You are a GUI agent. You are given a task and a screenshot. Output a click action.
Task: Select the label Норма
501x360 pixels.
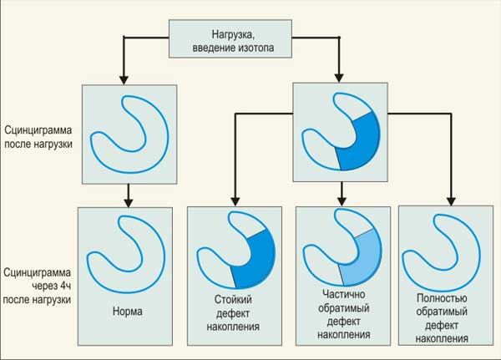126,312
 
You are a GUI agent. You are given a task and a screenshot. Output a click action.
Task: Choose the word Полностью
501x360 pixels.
438,298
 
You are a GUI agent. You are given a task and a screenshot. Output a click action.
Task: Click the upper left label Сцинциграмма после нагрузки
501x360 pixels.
38,137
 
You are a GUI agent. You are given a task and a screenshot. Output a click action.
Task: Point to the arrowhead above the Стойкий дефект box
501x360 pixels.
234,202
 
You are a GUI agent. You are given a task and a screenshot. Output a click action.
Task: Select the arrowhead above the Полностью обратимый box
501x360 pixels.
448,202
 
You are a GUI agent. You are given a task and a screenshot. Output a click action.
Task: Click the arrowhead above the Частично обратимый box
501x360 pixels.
342,202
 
